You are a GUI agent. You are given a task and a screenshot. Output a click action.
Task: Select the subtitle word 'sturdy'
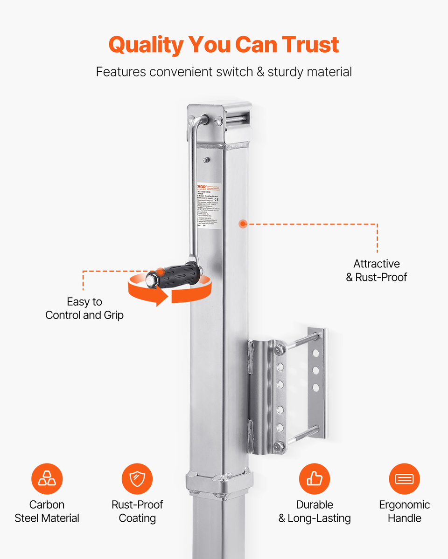[286, 72]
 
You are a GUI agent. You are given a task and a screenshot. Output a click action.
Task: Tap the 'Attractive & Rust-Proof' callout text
[376, 271]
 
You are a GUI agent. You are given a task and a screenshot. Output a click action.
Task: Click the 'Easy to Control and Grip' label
[84, 308]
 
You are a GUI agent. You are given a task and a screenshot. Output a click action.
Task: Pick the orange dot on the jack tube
[242, 224]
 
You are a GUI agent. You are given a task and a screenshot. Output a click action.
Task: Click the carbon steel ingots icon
[47, 478]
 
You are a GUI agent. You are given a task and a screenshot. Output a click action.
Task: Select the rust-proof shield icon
[137, 478]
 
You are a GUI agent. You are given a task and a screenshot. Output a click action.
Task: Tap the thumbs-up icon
[314, 478]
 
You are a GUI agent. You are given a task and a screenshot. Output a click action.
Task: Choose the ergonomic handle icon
[404, 478]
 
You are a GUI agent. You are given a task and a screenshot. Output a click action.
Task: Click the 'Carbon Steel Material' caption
[47, 511]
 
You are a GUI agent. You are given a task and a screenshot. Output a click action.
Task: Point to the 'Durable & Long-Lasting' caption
[315, 511]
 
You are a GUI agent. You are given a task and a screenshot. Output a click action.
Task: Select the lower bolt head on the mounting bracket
[279, 446]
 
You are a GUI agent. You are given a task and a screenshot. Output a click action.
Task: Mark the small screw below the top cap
[206, 160]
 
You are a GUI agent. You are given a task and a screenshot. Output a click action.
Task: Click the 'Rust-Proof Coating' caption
[137, 511]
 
